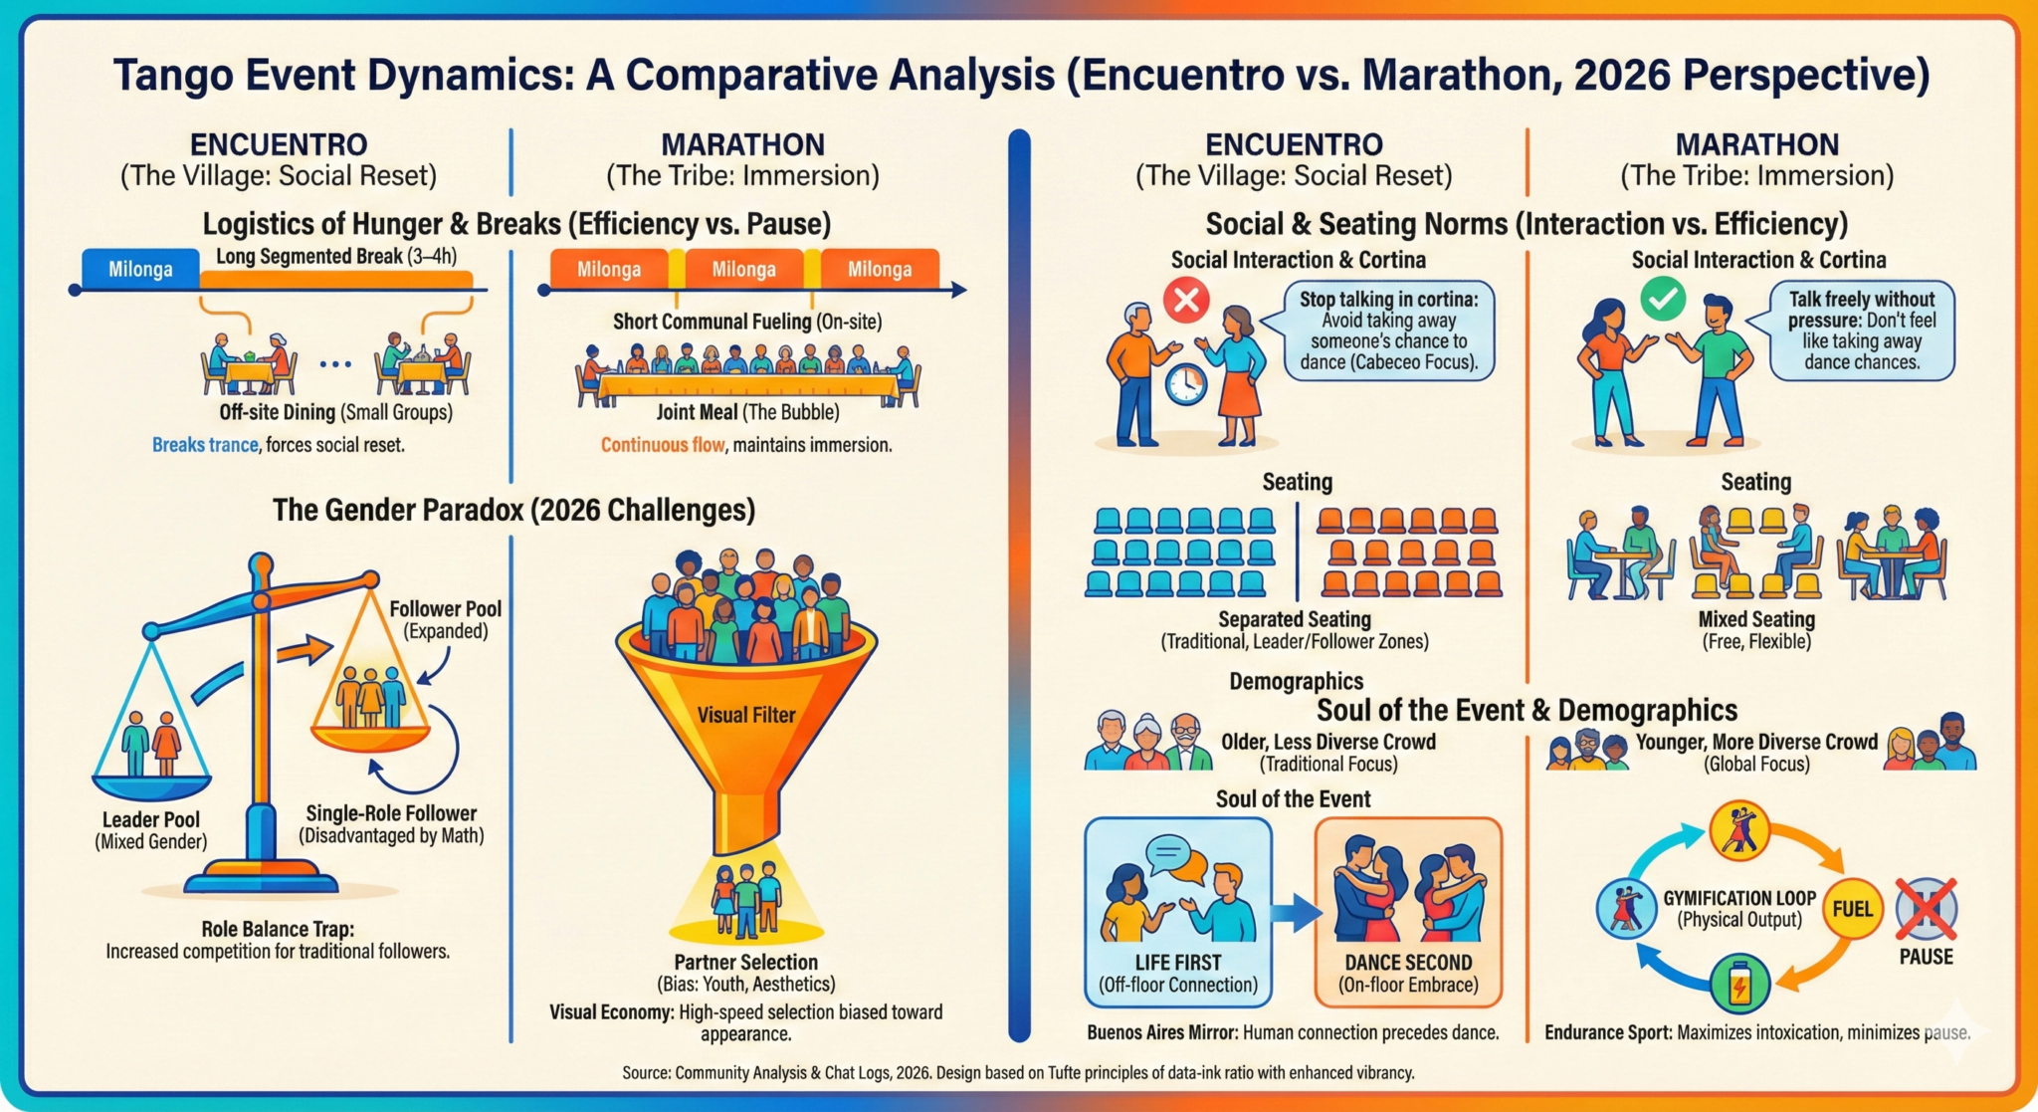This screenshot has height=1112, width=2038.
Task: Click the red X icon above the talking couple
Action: (1186, 299)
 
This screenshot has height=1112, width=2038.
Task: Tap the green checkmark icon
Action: (1663, 298)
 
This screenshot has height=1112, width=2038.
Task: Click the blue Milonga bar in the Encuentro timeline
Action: (140, 269)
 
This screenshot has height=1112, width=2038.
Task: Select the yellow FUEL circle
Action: (1852, 909)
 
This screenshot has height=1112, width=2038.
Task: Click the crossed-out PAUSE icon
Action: (1926, 908)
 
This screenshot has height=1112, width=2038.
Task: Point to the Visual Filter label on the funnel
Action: (746, 715)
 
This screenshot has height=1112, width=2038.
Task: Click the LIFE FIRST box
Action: (1178, 912)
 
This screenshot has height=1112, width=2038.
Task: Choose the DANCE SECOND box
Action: (1408, 912)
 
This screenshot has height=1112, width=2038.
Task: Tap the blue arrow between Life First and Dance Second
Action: (1294, 910)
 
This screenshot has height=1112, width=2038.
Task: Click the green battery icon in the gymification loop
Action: (1739, 984)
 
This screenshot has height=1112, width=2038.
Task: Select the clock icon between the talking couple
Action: (1185, 383)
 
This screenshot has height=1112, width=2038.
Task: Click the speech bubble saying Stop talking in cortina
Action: (1378, 330)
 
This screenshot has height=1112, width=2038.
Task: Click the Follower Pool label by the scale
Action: (445, 619)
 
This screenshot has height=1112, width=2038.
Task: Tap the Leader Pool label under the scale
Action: (151, 830)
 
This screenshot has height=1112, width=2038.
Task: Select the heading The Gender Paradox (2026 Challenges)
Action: (513, 510)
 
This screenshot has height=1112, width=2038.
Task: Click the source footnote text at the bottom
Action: (1018, 1072)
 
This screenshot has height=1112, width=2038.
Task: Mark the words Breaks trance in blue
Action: (205, 445)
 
